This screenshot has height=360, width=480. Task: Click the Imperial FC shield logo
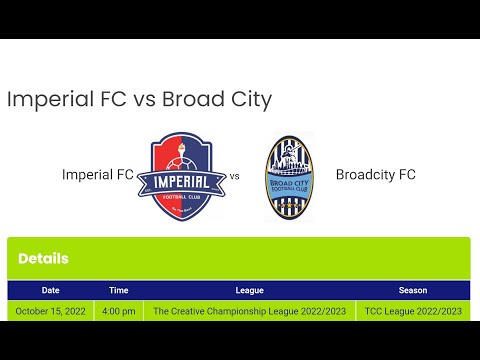point(181,176)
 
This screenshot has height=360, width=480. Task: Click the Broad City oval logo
point(289,176)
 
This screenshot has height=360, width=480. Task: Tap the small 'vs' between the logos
point(235,176)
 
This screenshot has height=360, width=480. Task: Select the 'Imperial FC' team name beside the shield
point(98,175)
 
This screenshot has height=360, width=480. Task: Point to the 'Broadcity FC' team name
point(375,175)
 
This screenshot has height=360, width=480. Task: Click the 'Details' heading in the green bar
point(43,258)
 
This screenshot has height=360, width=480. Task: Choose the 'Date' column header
point(51,290)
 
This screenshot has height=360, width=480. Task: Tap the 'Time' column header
point(119,290)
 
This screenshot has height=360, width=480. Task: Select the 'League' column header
point(249,290)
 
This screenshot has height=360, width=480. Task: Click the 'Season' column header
point(413,290)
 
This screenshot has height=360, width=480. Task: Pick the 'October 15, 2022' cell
point(51,311)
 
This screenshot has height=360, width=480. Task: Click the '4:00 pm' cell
point(119,311)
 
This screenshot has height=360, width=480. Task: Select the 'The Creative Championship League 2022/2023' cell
point(249,311)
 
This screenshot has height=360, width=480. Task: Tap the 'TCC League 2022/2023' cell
point(413,311)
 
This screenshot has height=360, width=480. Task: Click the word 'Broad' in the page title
point(189,100)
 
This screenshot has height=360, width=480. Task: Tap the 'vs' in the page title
point(142,100)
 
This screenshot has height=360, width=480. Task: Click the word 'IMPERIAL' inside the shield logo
point(181,183)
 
